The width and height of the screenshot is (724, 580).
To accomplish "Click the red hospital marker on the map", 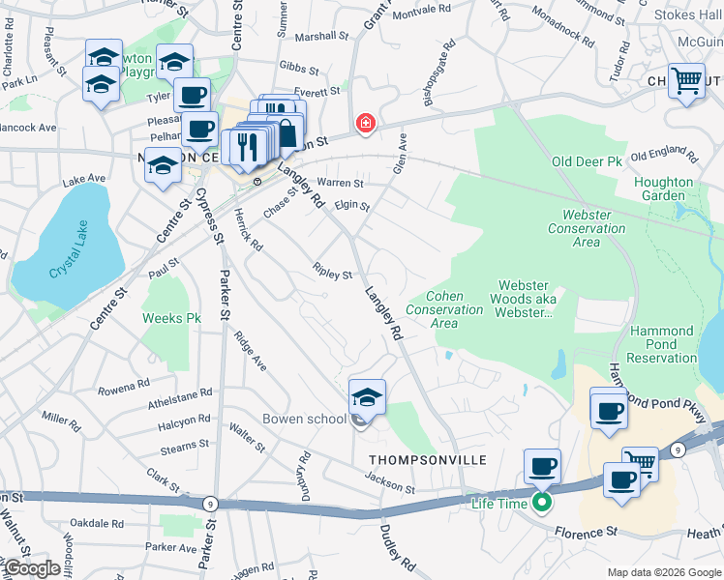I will tap(365, 123).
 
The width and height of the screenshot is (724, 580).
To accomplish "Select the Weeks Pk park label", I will tap(171, 318).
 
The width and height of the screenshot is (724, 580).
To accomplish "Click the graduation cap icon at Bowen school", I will tap(368, 396).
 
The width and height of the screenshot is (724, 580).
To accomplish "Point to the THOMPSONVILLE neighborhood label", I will tap(419, 459).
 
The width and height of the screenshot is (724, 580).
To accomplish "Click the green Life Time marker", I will tap(542, 503).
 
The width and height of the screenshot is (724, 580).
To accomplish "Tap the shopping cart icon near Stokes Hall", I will tap(686, 82).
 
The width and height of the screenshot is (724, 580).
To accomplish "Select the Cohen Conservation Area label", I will tap(443, 309).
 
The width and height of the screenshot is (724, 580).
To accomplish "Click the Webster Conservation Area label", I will tap(587, 228).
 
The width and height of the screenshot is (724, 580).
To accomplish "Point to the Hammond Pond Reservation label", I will tap(662, 344).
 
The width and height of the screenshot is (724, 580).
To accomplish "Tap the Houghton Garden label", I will tap(663, 188).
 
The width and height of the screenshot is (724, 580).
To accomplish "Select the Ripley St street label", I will tap(332, 273).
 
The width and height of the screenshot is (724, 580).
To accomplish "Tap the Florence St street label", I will tap(586, 532).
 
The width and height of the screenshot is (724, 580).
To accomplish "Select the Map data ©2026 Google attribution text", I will tap(663, 572).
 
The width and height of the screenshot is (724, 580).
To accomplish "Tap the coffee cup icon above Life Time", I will tap(542, 467).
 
